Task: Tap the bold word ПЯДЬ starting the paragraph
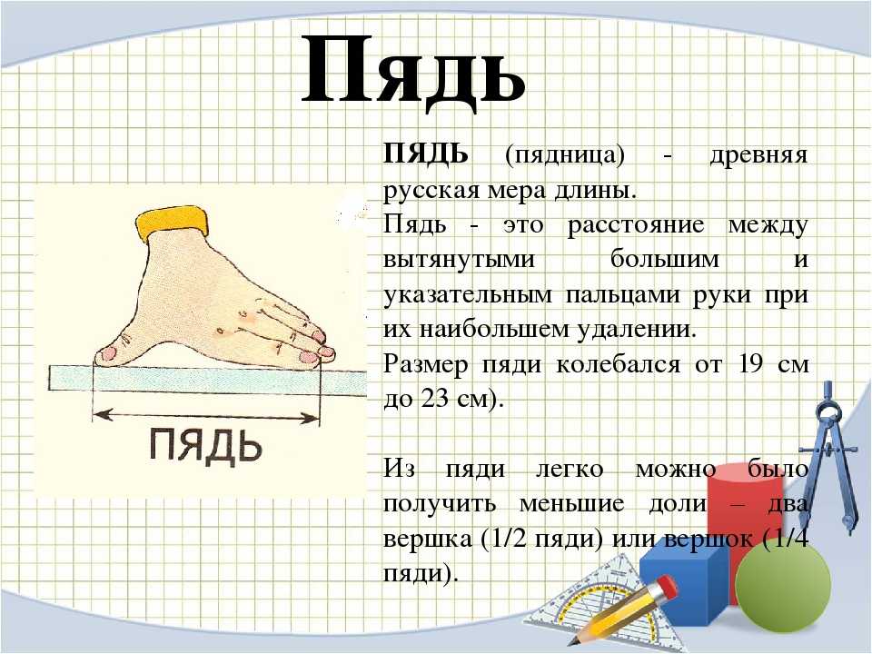[425, 154]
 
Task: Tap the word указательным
[468, 294]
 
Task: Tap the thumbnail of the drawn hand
[110, 352]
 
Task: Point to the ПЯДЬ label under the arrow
[205, 445]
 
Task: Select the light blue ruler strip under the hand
[208, 381]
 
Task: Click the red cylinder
[744, 517]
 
